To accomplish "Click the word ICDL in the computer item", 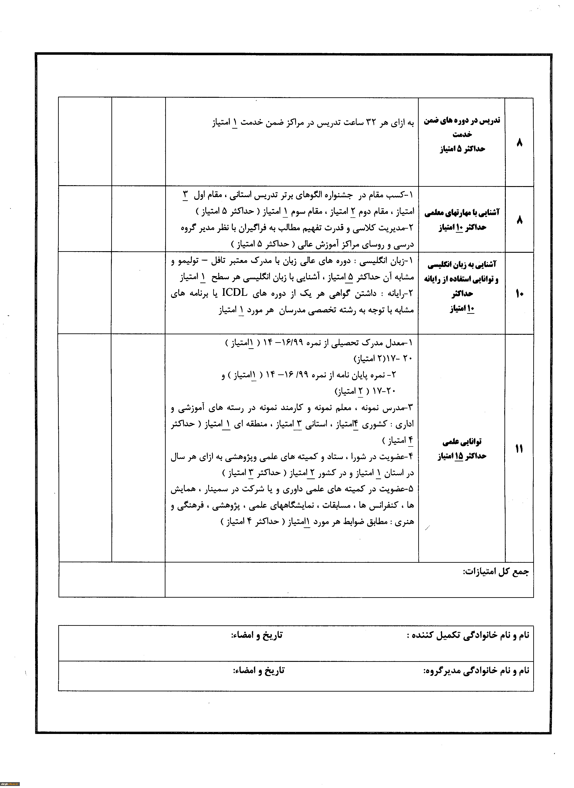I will tap(235, 293).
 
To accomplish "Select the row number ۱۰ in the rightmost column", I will tap(519, 294).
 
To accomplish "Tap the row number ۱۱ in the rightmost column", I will tap(519, 449).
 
